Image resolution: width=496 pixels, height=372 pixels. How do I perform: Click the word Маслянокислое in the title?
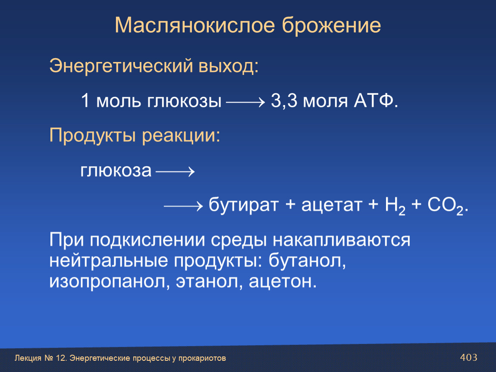195,25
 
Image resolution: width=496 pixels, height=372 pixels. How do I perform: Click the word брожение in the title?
331,25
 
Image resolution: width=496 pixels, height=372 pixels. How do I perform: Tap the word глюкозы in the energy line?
184,101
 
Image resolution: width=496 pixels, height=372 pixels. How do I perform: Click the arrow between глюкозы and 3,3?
245,102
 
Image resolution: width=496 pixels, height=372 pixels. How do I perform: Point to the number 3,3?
284,101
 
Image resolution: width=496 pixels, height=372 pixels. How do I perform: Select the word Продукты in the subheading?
93,136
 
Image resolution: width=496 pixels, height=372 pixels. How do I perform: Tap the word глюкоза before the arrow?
116,171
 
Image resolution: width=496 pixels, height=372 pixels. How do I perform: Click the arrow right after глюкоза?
175,172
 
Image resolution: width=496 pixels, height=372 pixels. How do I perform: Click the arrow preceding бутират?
183,206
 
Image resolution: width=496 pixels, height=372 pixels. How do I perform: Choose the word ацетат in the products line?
332,205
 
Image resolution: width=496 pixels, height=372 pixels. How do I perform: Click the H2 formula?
395,205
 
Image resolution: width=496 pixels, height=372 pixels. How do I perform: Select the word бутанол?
307,260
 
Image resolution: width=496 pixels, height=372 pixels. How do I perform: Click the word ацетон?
283,282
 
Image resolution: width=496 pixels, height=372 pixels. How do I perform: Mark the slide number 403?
468,357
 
